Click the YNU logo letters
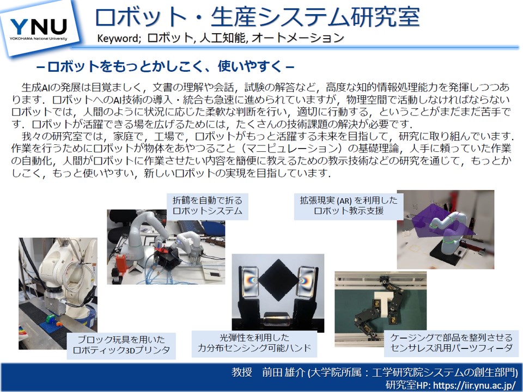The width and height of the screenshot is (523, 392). [x=39, y=26]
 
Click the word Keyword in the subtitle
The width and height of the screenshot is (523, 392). [x=117, y=38]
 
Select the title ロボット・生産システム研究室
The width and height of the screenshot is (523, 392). [x=257, y=17]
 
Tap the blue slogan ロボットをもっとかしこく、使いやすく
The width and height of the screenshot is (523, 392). [x=166, y=66]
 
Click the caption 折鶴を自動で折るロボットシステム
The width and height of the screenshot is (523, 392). [x=207, y=206]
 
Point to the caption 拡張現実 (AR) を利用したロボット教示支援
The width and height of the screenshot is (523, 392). [x=349, y=205]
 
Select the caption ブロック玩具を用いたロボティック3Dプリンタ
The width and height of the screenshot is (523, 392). [x=121, y=345]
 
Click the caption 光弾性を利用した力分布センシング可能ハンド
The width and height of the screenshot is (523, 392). [x=254, y=343]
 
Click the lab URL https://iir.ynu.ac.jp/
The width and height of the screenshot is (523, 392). [x=475, y=385]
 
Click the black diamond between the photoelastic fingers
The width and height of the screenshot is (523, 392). [x=278, y=280]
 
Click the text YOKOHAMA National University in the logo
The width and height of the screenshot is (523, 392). [x=38, y=39]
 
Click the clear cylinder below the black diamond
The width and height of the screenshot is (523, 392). [x=277, y=319]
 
